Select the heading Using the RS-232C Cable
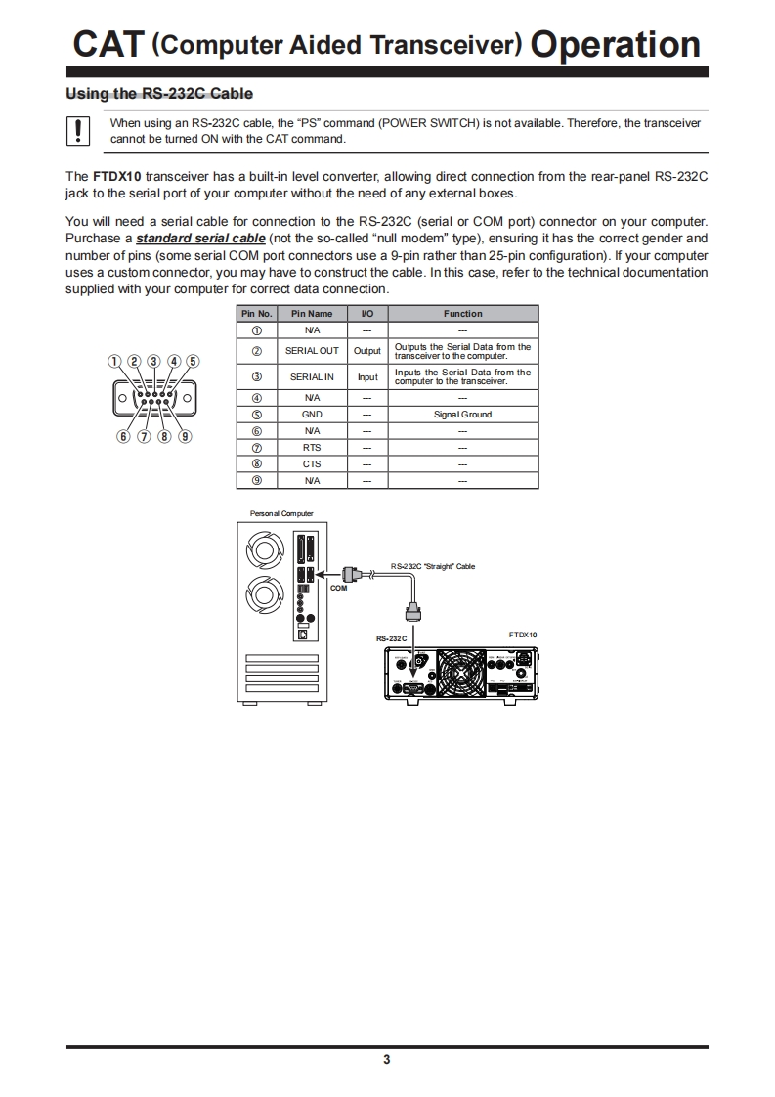[158, 94]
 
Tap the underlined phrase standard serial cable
[200, 239]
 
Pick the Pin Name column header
[312, 314]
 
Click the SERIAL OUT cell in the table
[312, 351]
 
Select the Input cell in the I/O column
[367, 377]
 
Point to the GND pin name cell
[312, 415]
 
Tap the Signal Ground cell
[462, 415]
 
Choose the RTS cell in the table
[312, 448]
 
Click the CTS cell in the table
[312, 464]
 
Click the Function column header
[462, 314]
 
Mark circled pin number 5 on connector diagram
[194, 361]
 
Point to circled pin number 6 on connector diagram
[124, 436]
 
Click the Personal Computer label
[281, 513]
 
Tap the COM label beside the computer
[338, 589]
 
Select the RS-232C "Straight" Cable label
[432, 566]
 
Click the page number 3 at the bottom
[387, 1060]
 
